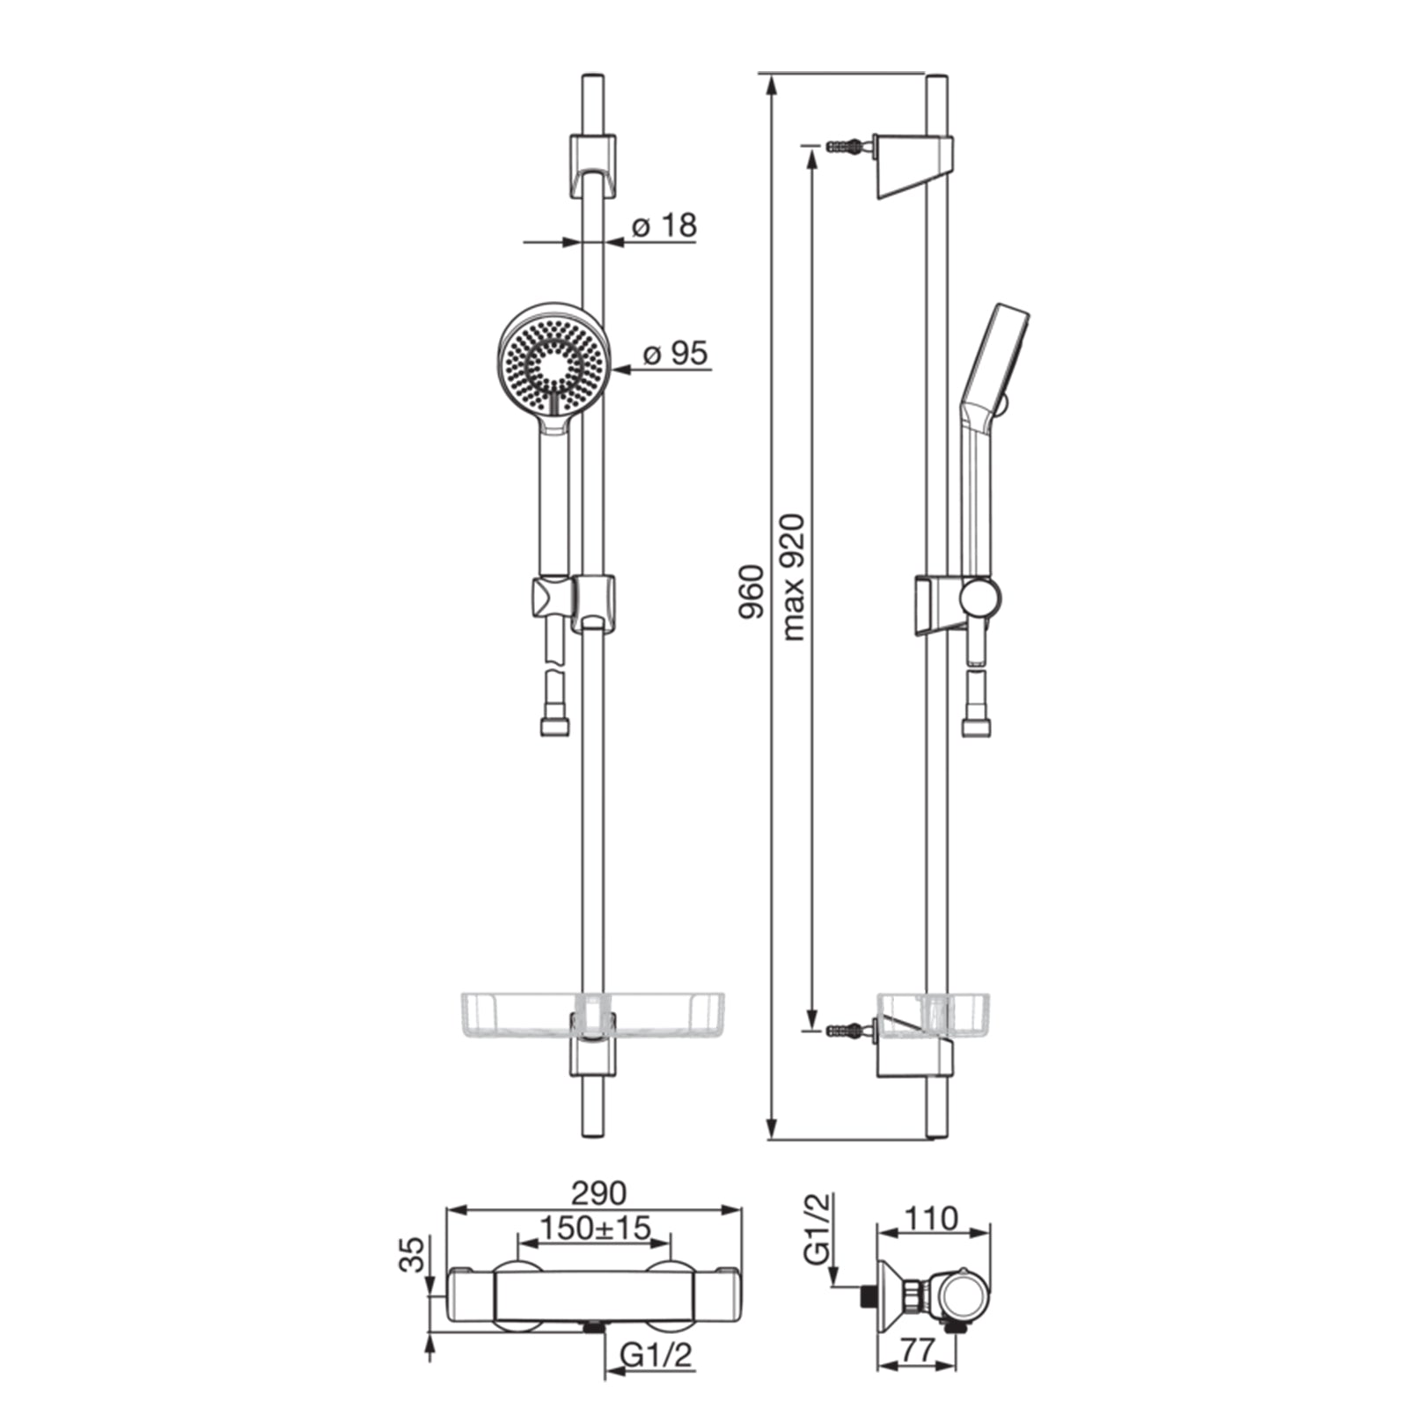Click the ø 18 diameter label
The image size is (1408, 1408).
pos(664,226)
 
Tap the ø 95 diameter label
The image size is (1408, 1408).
pos(675,354)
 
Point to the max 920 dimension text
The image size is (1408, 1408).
pos(793,577)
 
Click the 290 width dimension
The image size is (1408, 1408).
pos(599,1193)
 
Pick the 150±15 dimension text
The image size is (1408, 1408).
pos(595,1227)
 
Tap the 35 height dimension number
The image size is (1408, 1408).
pos(412,1254)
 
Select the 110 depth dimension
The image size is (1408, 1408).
pos(931,1219)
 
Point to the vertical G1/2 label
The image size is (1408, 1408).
pos(818,1229)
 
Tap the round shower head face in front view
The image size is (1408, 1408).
pos(554,361)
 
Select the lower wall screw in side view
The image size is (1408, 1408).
pos(849,1029)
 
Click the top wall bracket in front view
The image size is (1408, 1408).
pos(593,165)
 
